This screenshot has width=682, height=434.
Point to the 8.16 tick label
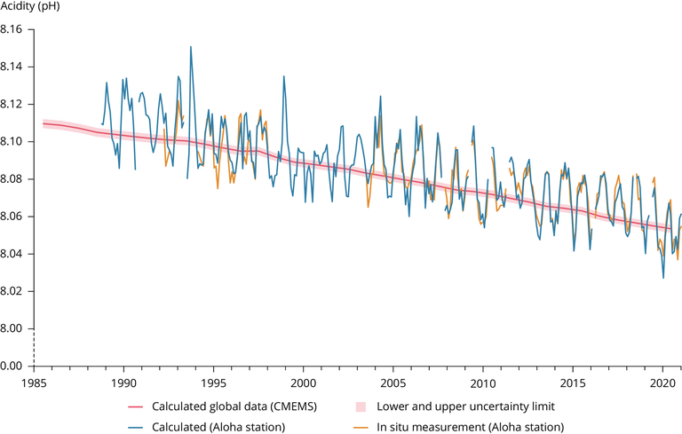point(13,29)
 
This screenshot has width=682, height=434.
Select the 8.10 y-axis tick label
point(13,141)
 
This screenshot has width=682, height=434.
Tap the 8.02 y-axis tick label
point(13,291)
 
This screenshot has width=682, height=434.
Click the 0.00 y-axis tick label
point(13,366)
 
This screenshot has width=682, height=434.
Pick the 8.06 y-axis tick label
point(13,217)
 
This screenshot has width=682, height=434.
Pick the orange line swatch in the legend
point(360,426)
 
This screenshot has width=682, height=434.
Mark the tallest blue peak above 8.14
point(190,47)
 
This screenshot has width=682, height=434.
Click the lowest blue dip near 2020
point(663,278)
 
